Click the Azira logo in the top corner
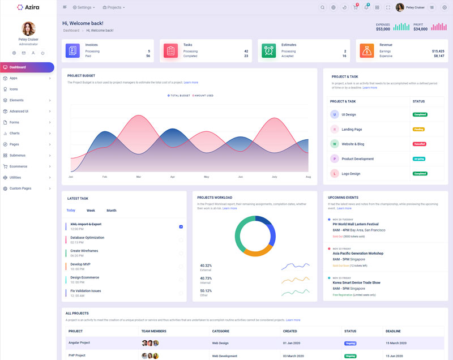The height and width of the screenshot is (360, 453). click(x=28, y=7)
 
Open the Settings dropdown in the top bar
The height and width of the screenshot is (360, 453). click(x=84, y=7)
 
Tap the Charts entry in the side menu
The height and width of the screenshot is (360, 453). click(x=14, y=134)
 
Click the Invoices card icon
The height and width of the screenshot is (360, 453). click(x=72, y=50)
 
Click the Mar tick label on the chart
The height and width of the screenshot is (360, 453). click(x=139, y=177)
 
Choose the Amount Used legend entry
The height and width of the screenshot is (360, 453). click(x=203, y=96)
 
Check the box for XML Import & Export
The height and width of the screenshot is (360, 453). click(x=181, y=226)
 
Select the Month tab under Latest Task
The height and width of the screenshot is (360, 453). click(x=111, y=211)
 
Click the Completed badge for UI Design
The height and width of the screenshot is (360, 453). click(x=420, y=114)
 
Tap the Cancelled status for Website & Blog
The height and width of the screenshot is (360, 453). click(x=420, y=144)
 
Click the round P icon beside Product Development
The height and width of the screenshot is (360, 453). click(x=335, y=158)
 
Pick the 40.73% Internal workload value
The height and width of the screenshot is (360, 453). click(x=206, y=278)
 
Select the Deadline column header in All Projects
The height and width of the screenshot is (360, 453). click(x=393, y=331)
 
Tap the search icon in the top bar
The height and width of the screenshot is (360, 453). click(x=323, y=7)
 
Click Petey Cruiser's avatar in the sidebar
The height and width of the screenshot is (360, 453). click(x=28, y=28)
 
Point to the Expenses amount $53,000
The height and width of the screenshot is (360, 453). click(x=383, y=29)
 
